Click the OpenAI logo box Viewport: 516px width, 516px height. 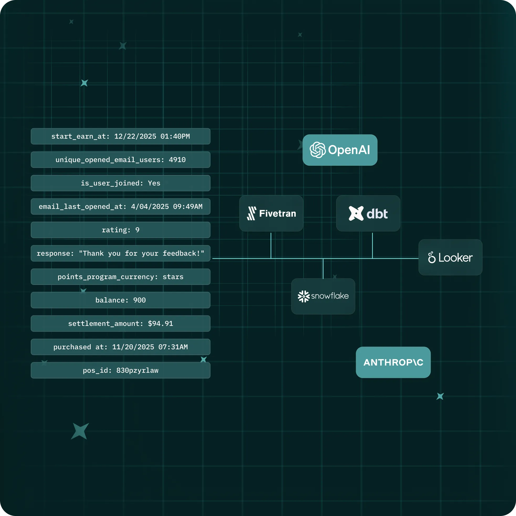340,150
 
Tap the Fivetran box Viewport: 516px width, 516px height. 271,213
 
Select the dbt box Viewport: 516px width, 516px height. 368,213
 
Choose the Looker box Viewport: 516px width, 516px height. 450,257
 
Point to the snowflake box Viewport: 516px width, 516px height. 323,296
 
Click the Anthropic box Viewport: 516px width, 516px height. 393,362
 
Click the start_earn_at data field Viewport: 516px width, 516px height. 121,136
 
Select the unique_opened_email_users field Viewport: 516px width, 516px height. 121,160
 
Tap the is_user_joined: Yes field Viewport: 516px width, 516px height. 121,183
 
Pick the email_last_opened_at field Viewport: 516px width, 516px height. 121,206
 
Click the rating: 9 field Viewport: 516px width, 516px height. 121,230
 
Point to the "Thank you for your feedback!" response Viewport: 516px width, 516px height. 142,253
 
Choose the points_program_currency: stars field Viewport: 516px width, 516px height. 121,277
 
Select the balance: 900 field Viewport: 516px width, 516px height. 121,300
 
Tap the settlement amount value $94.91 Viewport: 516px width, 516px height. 160,324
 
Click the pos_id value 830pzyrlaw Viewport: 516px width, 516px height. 137,371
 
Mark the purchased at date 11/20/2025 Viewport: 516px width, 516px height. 133,347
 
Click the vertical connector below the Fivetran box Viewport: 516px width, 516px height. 271,245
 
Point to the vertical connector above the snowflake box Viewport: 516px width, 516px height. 323,268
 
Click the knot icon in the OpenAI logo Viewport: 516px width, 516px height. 317,150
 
